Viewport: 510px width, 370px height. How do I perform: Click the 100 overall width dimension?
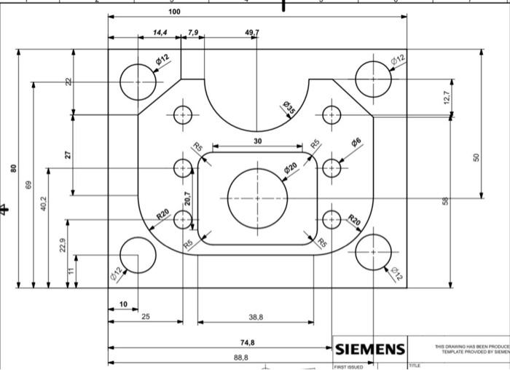174,12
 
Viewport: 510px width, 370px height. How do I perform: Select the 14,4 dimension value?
160,33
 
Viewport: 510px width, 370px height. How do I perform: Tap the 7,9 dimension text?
192,33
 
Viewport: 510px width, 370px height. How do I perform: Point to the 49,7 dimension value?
252,33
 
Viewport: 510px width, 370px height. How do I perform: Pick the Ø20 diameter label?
291,168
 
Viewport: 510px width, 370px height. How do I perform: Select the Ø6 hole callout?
356,143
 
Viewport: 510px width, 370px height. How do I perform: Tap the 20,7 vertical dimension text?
187,198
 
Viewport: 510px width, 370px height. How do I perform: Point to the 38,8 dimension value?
256,318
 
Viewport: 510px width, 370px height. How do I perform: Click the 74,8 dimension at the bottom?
247,342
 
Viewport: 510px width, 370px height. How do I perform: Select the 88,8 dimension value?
240,358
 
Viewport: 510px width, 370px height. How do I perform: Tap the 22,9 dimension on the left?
63,246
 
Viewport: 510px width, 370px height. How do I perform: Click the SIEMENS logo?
369,350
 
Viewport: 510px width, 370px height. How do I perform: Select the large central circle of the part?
257,198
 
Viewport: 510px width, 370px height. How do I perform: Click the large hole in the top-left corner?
138,81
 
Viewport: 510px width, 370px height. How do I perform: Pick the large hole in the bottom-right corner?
373,252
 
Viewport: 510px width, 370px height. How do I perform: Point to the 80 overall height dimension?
13,168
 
